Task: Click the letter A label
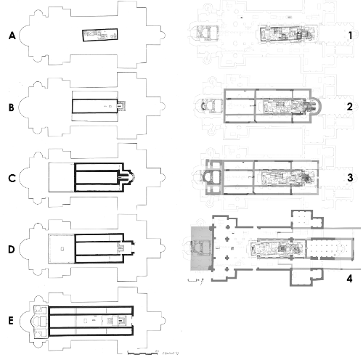point(12,36)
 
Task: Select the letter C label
point(12,176)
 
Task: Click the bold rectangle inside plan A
point(99,36)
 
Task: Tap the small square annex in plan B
point(121,106)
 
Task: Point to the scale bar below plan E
point(142,352)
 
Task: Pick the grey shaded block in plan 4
point(197,247)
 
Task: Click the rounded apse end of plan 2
point(314,107)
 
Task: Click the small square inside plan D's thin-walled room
point(62,247)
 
